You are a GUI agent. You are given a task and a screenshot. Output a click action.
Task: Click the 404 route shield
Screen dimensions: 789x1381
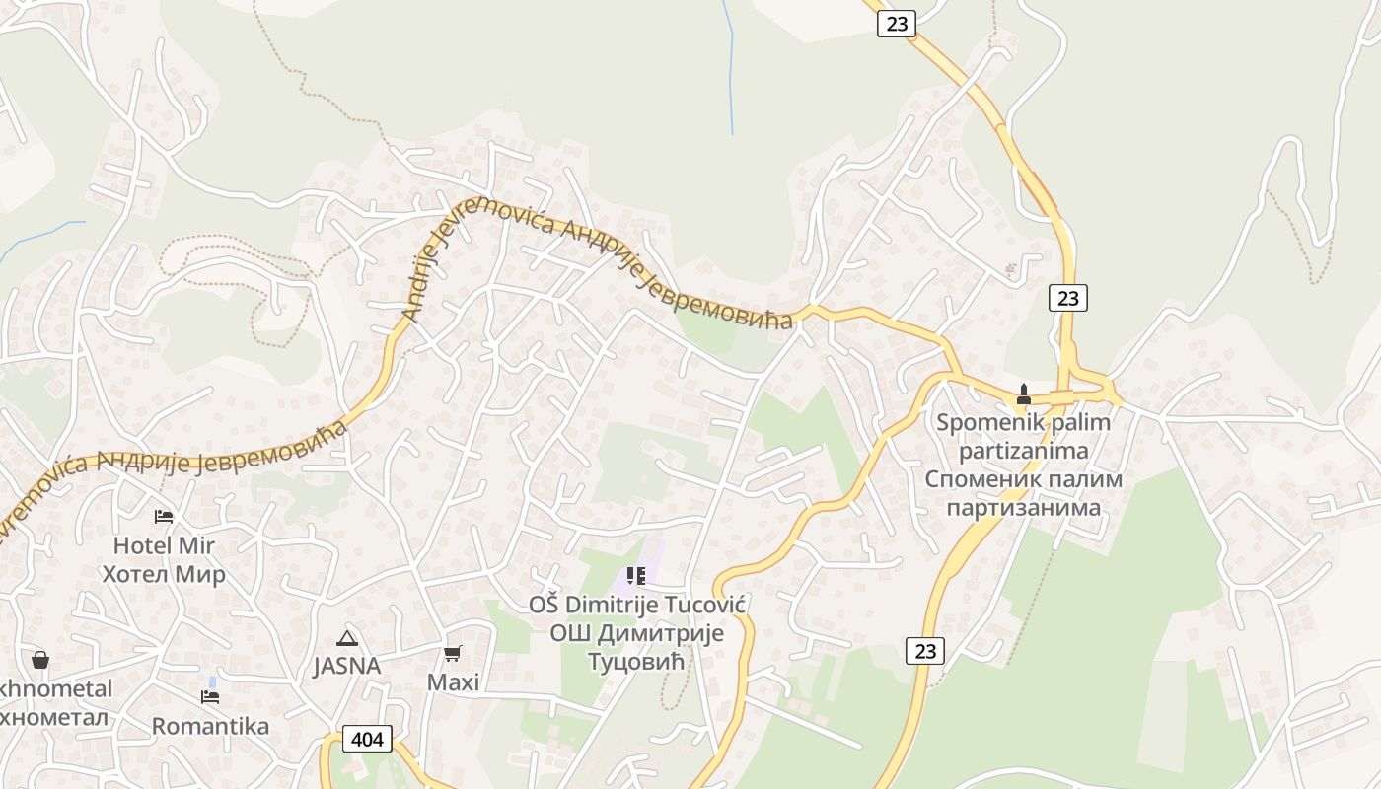tap(367, 739)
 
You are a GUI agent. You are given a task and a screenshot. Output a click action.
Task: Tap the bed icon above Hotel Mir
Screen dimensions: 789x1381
tap(164, 516)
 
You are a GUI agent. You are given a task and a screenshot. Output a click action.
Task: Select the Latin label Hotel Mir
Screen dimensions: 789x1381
tap(164, 545)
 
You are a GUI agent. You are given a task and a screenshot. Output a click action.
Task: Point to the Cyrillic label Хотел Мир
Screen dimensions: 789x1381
tap(164, 574)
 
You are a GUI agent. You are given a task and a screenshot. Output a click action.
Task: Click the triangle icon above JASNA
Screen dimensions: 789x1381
tap(346, 638)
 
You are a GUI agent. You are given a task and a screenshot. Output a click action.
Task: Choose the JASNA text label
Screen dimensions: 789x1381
tap(347, 666)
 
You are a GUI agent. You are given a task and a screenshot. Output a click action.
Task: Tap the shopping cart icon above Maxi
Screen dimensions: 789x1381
tap(453, 653)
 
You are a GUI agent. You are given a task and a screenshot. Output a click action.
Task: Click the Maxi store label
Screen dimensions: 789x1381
tap(453, 681)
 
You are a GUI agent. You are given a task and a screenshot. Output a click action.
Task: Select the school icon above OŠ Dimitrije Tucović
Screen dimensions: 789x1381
tap(636, 575)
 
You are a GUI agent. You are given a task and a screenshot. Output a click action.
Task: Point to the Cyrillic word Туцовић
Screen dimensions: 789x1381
tap(636, 661)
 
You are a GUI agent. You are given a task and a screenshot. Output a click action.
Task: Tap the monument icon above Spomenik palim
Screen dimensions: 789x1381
tap(1024, 394)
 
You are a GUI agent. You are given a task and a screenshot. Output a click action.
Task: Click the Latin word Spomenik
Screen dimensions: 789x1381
tap(982, 422)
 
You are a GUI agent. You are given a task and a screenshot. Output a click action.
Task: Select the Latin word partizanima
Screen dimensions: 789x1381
tap(1024, 451)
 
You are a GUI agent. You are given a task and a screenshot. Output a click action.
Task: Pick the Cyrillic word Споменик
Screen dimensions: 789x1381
tap(975, 479)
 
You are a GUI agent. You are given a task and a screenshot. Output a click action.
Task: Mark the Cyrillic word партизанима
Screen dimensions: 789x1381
tap(1024, 508)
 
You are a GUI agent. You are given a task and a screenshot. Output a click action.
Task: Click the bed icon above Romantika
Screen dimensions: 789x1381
tap(210, 697)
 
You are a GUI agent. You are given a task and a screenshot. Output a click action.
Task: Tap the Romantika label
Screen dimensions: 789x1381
tap(210, 727)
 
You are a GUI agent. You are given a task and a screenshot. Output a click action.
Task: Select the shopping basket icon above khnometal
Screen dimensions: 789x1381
tap(40, 660)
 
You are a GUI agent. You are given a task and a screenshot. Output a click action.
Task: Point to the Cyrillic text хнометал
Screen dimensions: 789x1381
tap(54, 717)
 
